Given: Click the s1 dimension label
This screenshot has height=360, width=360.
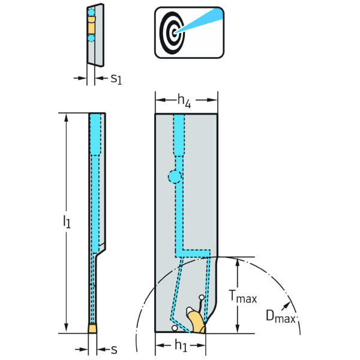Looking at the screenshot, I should [x=116, y=78].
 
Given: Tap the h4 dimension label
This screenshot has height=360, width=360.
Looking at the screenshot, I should [x=185, y=103].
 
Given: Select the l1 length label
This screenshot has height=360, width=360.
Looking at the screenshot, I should [x=67, y=223].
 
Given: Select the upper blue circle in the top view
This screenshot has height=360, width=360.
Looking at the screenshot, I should [x=91, y=13].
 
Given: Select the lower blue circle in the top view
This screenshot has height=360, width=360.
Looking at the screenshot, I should [x=91, y=38].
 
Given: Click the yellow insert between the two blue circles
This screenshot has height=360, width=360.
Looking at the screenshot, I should [x=91, y=26].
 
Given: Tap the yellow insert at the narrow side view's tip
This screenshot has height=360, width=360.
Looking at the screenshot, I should [x=93, y=328].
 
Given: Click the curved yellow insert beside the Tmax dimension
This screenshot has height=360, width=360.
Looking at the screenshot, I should [x=196, y=320].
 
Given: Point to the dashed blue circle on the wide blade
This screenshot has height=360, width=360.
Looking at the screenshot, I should [x=174, y=177].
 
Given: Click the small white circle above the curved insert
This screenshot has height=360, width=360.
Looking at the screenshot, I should [x=202, y=296].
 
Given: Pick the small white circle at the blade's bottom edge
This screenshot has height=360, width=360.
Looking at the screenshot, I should [x=174, y=328].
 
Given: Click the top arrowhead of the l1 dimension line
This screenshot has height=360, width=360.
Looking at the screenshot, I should [x=66, y=117].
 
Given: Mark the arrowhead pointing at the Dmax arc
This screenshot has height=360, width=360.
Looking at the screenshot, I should [x=290, y=302].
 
